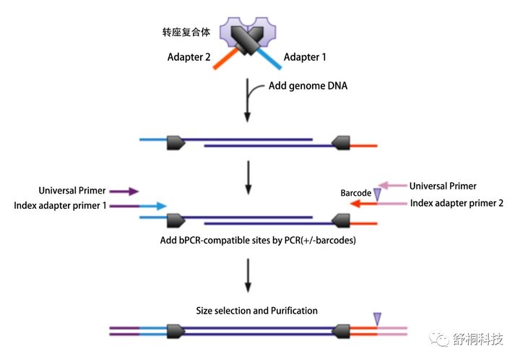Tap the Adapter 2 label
coord(186,58)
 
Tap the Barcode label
coord(355,194)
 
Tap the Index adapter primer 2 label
coord(457,203)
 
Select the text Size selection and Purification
coord(256,311)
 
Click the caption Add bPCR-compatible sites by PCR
coord(258,240)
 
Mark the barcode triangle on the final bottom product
coord(376,319)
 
